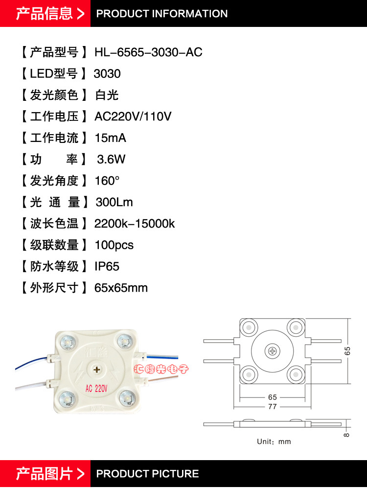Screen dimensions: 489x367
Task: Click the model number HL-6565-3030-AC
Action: tap(148, 52)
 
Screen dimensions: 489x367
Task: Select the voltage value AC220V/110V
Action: tap(133, 116)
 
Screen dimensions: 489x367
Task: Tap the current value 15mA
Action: tap(110, 138)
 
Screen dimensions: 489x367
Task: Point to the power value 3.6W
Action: tap(111, 159)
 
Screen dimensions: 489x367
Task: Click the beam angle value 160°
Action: tap(107, 181)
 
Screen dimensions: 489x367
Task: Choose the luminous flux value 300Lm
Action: tap(114, 202)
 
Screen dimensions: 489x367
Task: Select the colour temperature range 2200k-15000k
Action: tap(135, 224)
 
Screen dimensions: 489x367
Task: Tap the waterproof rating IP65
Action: tap(107, 266)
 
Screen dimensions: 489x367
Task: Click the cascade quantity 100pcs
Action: tap(114, 245)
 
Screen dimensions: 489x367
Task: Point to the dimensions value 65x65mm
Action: tap(121, 288)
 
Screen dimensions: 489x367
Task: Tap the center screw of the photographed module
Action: tap(97, 369)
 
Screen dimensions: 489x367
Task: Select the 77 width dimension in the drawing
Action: tap(273, 407)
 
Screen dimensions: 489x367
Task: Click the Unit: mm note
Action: tap(274, 442)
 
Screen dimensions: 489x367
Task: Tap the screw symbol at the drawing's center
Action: tap(272, 351)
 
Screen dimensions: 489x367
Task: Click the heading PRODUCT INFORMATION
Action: tap(162, 14)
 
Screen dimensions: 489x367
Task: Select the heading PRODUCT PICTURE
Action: tap(147, 474)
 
